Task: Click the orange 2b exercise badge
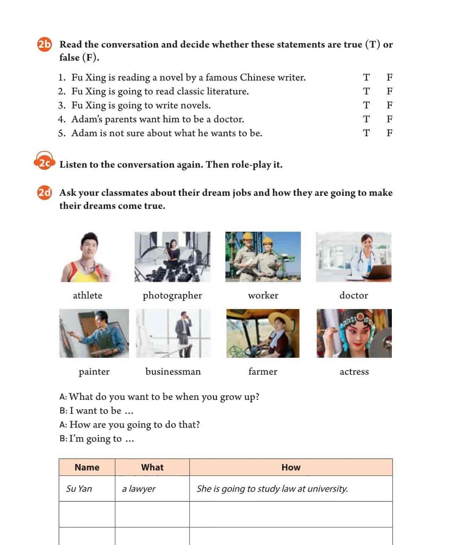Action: point(44,44)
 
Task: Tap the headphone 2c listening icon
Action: point(44,163)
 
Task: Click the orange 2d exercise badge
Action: point(44,193)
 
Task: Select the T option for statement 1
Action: point(366,77)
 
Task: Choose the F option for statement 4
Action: point(389,119)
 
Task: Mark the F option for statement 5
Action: point(389,133)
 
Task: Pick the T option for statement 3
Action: point(366,105)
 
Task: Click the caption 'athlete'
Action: point(87,295)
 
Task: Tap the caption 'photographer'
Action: point(172,295)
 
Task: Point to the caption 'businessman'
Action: point(173,371)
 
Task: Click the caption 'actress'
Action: point(354,371)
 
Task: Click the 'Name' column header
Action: point(87,467)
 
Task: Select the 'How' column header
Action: point(291,467)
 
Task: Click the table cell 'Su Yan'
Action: point(79,489)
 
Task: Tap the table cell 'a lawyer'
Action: point(139,489)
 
